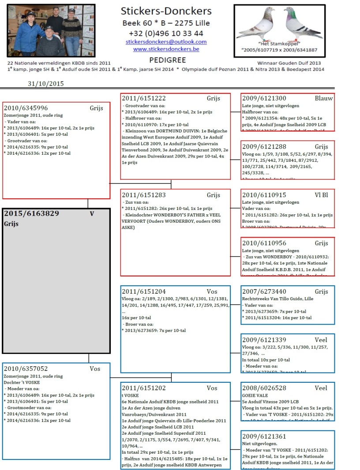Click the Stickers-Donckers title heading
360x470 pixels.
pos(166,11)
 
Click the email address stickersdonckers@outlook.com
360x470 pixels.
pos(166,42)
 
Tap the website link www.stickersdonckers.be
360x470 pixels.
pos(166,49)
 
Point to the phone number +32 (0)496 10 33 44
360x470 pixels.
pos(166,33)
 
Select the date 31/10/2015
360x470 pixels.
pos(45,83)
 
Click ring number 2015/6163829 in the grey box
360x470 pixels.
pos(31,213)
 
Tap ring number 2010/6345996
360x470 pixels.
pos(26,108)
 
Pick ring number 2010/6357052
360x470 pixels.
pos(26,369)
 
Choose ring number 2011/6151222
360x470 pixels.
pos(144,98)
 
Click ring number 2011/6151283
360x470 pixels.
pos(144,195)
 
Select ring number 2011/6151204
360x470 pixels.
pos(144,291)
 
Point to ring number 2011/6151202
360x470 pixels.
pos(144,388)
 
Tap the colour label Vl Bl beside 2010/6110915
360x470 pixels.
pos(324,195)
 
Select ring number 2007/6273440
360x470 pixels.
pos(264,291)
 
